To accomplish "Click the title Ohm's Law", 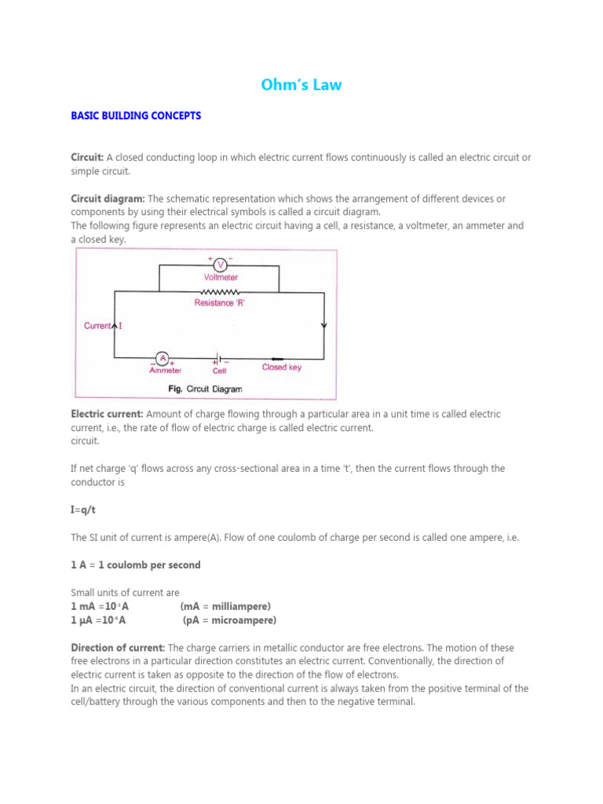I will (x=301, y=85).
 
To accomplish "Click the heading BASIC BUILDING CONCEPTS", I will (x=136, y=115).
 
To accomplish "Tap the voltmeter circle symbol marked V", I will (x=220, y=265).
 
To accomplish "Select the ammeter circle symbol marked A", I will (x=163, y=357).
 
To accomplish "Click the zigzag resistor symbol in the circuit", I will (x=220, y=292).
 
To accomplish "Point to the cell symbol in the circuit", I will (x=217, y=357).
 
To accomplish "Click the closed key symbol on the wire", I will (x=278, y=357).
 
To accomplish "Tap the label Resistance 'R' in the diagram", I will (x=220, y=303).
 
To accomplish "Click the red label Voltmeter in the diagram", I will (x=221, y=277).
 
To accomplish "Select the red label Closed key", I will (x=281, y=367).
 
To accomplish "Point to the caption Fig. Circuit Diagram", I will (x=206, y=389).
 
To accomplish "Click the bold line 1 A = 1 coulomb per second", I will (x=136, y=565).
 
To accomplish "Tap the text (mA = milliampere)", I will (x=225, y=607).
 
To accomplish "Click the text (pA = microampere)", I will (x=229, y=620).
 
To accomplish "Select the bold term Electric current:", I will (x=107, y=414).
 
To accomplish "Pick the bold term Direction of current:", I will (x=118, y=648).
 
